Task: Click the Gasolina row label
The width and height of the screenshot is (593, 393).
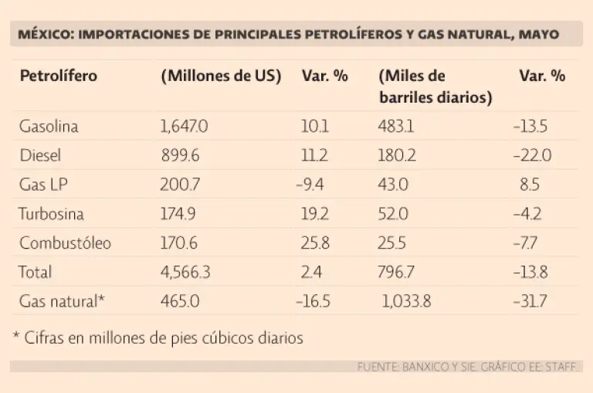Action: coord(49,126)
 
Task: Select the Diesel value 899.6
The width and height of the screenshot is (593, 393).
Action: coord(180,155)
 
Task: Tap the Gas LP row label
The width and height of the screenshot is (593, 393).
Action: coord(44,185)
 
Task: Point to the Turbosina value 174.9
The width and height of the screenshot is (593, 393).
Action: coord(179,214)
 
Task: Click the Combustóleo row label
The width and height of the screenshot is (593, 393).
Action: coord(65,243)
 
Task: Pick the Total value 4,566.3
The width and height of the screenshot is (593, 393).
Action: coord(186,272)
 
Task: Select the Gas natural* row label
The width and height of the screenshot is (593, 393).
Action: coord(61,301)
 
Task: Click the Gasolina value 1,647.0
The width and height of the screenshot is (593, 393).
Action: coord(185,126)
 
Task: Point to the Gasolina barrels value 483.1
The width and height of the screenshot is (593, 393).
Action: coord(396,126)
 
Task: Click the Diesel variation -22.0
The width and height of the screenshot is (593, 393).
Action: coord(532,155)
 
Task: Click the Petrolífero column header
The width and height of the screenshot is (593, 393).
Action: coord(59,76)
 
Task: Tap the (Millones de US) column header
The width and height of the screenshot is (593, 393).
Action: coord(221,76)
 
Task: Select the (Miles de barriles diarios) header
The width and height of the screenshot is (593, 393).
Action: coord(435,87)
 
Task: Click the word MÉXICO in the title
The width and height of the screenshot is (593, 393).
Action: coord(43,35)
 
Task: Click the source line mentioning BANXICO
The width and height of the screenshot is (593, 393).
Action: coord(467,367)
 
